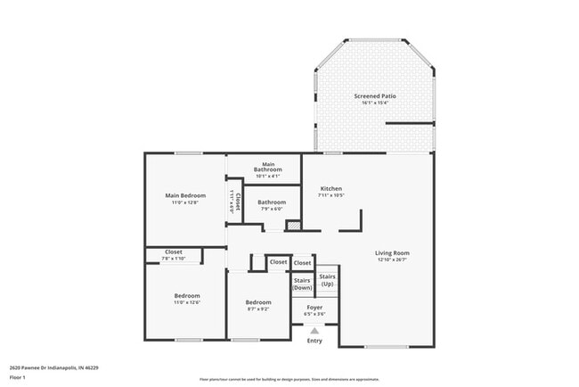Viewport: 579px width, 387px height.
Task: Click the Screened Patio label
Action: tap(374, 95)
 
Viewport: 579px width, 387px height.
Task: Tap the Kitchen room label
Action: tap(331, 188)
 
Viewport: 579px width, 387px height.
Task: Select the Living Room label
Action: tap(392, 253)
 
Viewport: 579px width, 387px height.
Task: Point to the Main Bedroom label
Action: tap(185, 195)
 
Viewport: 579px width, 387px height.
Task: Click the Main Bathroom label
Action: tap(267, 167)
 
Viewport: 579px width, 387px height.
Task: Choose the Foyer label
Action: tap(314, 307)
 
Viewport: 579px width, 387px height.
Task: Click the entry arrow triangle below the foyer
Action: tap(314, 330)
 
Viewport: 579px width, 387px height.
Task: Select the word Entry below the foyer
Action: tap(314, 341)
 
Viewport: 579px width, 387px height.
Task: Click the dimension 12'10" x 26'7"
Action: tap(392, 260)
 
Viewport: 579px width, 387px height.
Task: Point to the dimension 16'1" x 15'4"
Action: tap(374, 103)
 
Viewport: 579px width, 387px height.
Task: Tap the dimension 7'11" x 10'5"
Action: tap(331, 195)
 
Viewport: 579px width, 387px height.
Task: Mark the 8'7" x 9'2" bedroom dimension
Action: tap(258, 309)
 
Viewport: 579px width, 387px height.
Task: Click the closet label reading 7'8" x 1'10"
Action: tap(174, 259)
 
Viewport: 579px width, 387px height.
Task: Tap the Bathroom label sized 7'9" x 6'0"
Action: tap(272, 202)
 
